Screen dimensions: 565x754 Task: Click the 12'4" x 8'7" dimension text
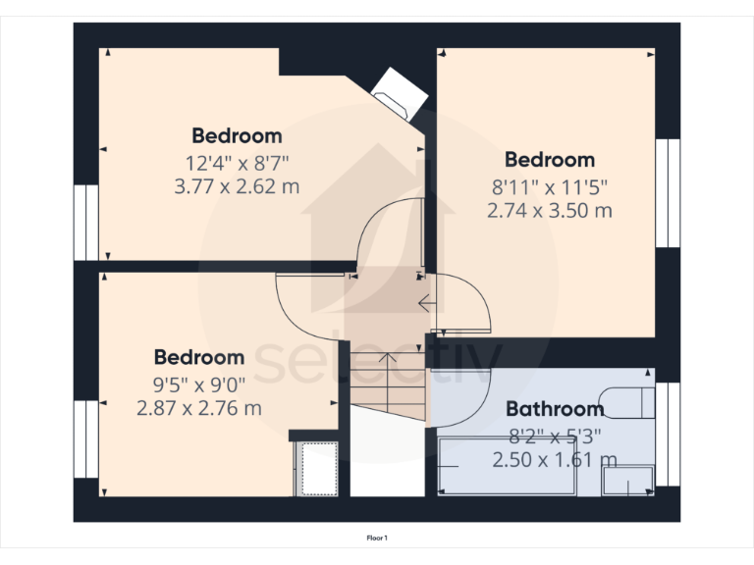coord(237,162)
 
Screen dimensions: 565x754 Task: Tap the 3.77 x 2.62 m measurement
coord(237,185)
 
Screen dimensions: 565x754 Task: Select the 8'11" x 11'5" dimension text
coord(549,185)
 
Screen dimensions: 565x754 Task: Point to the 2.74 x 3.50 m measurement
coord(549,209)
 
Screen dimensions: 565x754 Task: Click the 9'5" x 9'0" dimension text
coord(199,384)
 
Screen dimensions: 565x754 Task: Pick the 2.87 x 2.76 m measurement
coord(199,407)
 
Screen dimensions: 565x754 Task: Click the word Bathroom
coord(554,409)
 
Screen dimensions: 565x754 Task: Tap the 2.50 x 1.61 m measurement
coord(554,459)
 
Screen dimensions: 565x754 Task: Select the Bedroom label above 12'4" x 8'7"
coord(237,136)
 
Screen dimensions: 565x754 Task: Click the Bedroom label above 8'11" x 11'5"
coord(550,160)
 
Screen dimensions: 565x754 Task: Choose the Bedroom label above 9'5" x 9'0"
coord(199,358)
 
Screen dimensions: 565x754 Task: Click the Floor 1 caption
coord(377,538)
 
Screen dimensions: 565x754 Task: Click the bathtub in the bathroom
coord(511,466)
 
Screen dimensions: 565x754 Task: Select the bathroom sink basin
coord(625,480)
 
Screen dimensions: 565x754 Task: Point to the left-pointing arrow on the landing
coord(428,304)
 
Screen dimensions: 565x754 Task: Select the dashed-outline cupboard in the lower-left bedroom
coord(318,468)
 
